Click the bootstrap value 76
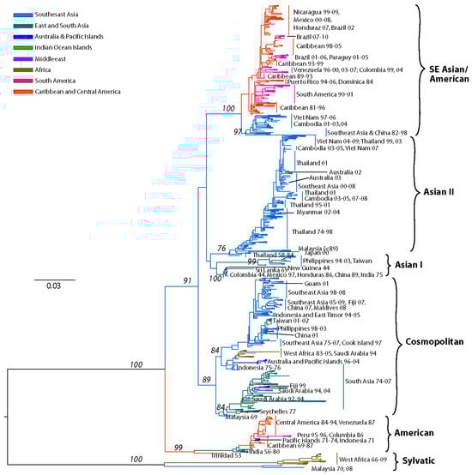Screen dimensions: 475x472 221,248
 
